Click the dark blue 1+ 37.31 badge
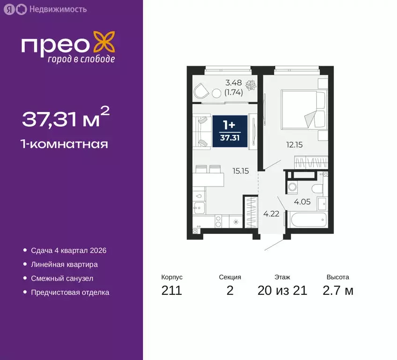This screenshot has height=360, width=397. pyautogui.click(x=229, y=132)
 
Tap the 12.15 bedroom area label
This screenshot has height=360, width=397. pyautogui.click(x=294, y=145)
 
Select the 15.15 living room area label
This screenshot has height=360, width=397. pyautogui.click(x=240, y=171)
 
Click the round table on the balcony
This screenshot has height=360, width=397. pyautogui.click(x=217, y=93)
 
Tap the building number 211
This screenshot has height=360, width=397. pyautogui.click(x=172, y=291)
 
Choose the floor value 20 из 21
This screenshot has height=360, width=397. pyautogui.click(x=282, y=291)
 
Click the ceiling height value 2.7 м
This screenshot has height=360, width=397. pyautogui.click(x=337, y=291)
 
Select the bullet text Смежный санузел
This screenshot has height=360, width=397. pyautogui.click(x=62, y=278)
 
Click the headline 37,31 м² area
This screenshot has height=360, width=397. pyautogui.click(x=66, y=118)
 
